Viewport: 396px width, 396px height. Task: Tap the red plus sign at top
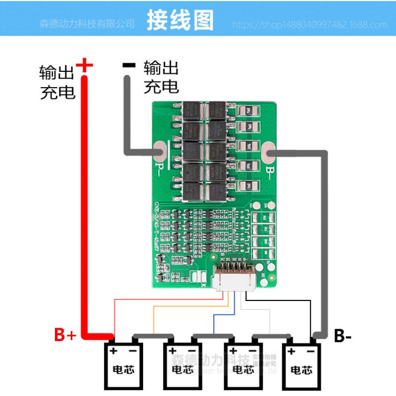click(x=85, y=64)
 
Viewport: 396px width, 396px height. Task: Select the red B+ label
click(x=65, y=336)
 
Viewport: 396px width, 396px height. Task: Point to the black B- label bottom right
click(x=343, y=336)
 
